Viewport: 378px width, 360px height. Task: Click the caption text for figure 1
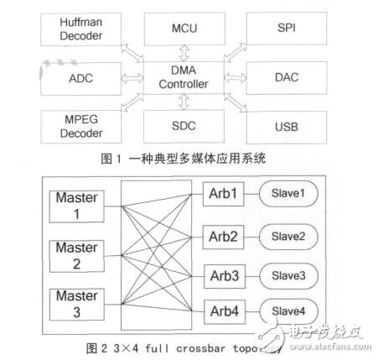(194, 158)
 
